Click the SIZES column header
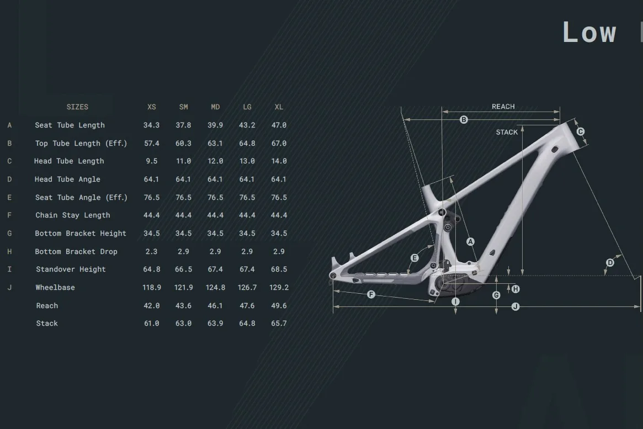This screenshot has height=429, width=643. tap(77, 107)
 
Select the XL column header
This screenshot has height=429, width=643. tap(279, 107)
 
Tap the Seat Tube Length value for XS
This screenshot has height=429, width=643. tap(151, 125)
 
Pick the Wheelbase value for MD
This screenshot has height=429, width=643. tap(215, 288)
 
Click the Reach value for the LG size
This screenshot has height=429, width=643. tap(247, 305)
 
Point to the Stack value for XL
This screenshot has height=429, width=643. tap(279, 324)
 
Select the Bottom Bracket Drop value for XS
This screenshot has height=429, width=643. tap(151, 251)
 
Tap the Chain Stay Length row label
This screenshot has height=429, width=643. tap(73, 215)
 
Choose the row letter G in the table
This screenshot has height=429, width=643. tap(9, 234)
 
